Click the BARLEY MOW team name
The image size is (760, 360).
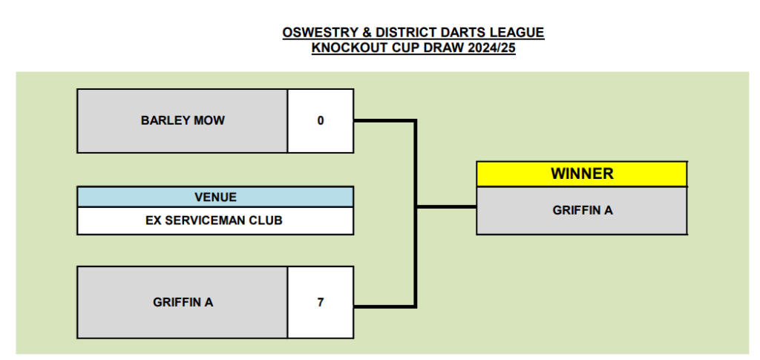point(183,120)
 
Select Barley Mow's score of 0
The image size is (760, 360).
point(321,120)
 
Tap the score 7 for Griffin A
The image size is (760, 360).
point(321,302)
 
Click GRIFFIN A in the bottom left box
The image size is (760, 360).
point(183,302)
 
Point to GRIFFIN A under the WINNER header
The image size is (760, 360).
point(582,210)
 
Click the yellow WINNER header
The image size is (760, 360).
point(582,174)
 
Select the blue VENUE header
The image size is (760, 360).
point(215,197)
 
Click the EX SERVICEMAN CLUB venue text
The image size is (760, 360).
point(215,220)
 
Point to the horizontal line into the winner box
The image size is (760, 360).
point(446,206)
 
